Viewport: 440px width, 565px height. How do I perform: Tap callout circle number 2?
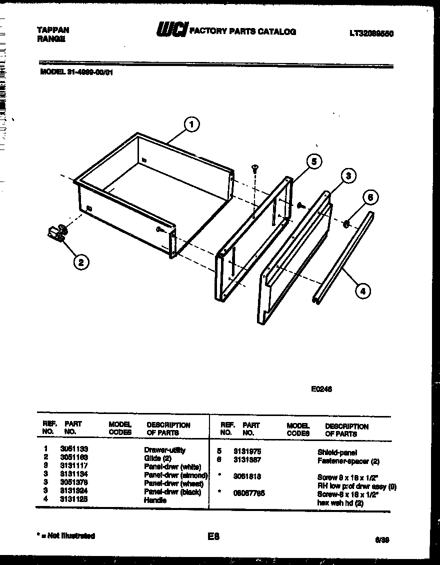point(81,261)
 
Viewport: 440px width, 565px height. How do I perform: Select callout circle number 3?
point(348,175)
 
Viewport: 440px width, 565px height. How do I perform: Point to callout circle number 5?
point(313,161)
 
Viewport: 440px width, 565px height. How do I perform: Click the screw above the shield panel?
point(254,169)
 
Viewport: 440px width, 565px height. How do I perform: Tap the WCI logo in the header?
point(171,30)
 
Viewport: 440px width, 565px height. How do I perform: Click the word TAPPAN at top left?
point(53,30)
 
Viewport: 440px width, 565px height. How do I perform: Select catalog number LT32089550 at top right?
point(371,33)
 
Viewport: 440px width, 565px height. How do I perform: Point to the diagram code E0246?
point(321,389)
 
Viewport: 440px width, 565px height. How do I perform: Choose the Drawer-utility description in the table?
point(164,450)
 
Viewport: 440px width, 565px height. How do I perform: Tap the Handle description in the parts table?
point(155,499)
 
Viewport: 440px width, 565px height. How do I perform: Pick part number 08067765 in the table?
point(249,493)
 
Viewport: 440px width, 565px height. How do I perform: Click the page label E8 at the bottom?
point(213,536)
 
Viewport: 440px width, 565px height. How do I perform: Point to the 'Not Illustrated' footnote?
point(66,536)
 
